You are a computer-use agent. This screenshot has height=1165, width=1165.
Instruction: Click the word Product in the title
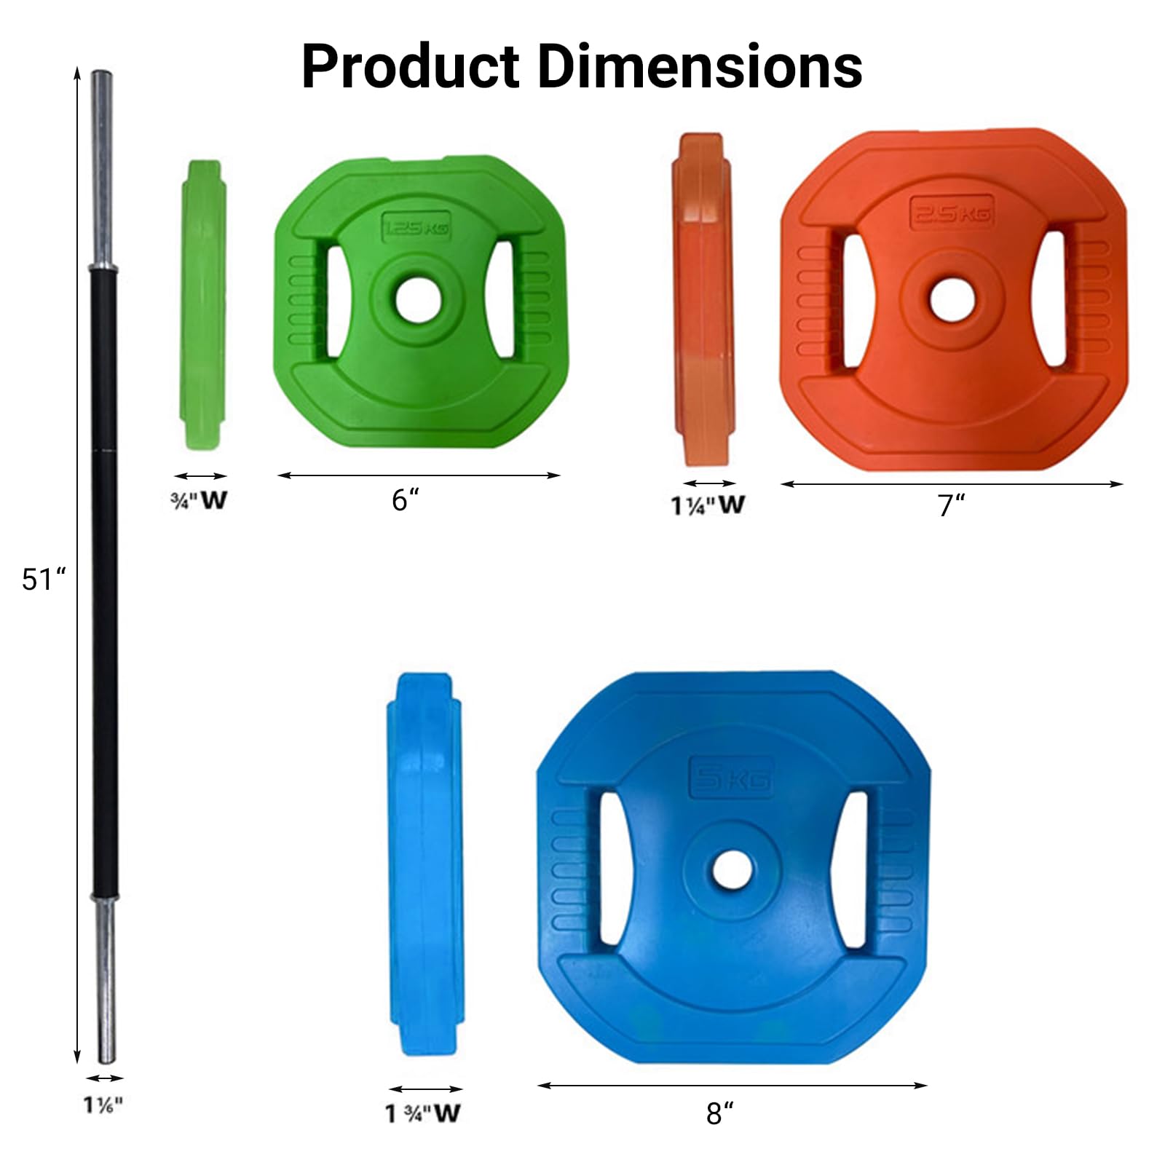pyautogui.click(x=411, y=67)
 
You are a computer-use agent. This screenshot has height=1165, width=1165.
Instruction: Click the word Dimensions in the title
pyautogui.click(x=700, y=67)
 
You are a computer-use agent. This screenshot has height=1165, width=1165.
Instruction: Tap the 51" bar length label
pyautogui.click(x=44, y=580)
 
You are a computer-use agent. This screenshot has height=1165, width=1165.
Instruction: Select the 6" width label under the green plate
pyautogui.click(x=406, y=500)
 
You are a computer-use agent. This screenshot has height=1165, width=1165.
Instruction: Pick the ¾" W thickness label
pyautogui.click(x=199, y=500)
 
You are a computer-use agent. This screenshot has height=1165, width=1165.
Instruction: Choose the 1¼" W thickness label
pyautogui.click(x=708, y=505)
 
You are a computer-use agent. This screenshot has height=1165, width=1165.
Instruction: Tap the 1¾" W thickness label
pyautogui.click(x=423, y=1113)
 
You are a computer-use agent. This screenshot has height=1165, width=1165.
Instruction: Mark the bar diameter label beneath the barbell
pyautogui.click(x=103, y=1105)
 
